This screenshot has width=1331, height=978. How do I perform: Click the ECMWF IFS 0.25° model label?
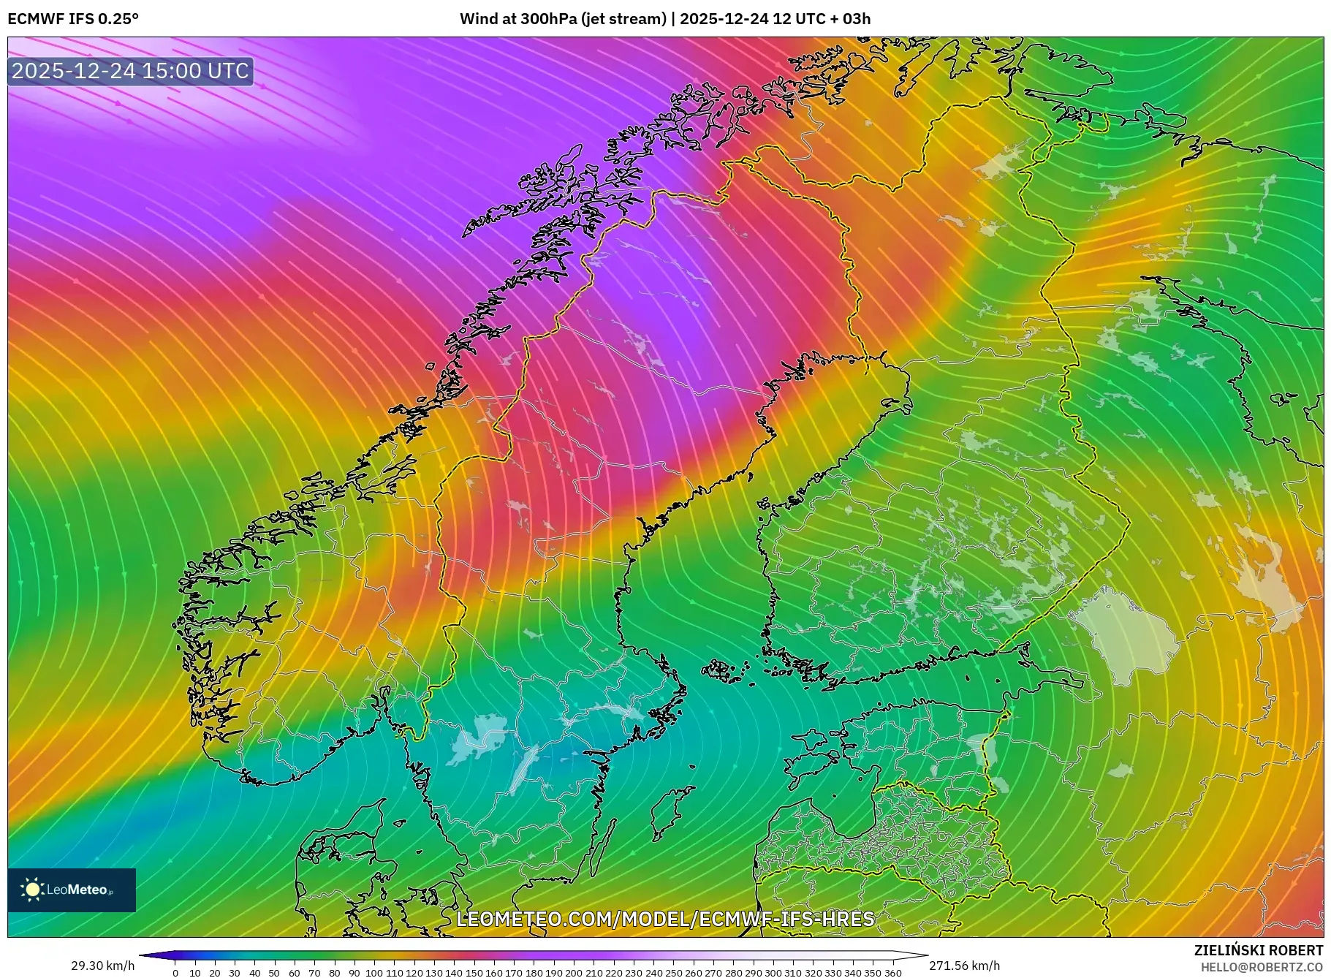pos(72,19)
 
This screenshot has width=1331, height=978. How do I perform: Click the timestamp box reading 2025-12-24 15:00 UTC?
pos(130,71)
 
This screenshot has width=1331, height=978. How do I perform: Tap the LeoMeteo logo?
pos(72,890)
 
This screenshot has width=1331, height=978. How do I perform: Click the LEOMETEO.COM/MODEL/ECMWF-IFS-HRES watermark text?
pos(665,919)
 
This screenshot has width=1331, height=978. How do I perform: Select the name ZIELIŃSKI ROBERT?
pos(1258,950)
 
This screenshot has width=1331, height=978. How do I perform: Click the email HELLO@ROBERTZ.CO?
pos(1262,967)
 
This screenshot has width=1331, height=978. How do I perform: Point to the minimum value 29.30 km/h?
pos(102,966)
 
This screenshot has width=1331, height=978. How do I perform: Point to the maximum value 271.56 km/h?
pos(964,966)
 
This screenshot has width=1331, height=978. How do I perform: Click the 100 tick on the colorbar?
pos(374,973)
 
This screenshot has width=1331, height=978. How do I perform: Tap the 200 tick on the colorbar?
pos(574,973)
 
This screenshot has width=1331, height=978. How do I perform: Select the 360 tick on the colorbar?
pos(892,973)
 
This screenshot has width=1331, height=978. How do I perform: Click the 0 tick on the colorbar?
pos(175,973)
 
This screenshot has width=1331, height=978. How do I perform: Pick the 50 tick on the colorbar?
pos(274,973)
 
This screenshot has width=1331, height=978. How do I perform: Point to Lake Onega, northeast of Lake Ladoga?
pos(1264,570)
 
